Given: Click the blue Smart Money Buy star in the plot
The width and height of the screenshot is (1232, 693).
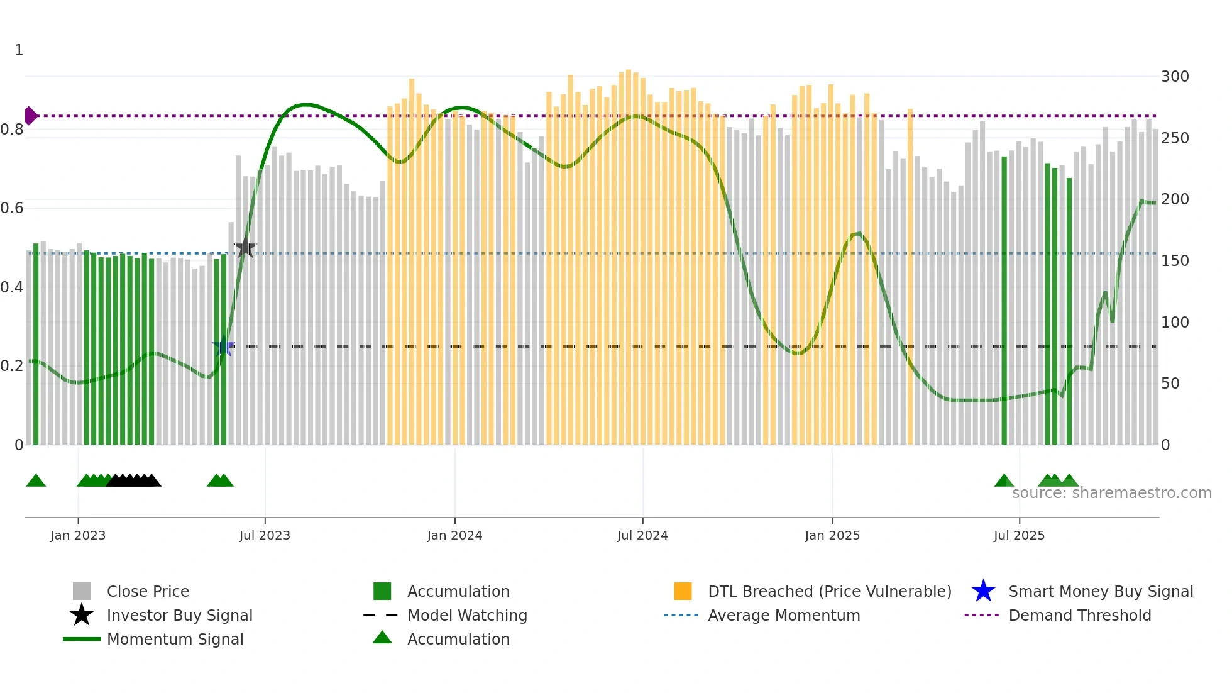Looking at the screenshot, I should click(x=224, y=346).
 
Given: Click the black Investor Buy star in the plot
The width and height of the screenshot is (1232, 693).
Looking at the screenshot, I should click(x=245, y=248).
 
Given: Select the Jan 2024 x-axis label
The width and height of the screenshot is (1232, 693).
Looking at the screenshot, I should click(x=454, y=535).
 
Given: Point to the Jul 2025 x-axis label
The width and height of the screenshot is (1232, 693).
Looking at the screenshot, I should click(x=1019, y=535).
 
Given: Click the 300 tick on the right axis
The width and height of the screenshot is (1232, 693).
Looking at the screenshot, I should click(x=1175, y=77).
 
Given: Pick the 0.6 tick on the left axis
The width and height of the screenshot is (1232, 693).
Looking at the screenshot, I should click(x=11, y=208).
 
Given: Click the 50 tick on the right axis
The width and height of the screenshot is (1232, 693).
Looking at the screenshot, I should click(x=1170, y=384).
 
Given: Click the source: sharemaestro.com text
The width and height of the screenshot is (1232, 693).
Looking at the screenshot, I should click(x=1111, y=493).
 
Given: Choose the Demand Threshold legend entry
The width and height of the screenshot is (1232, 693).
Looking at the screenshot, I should click(x=1079, y=615).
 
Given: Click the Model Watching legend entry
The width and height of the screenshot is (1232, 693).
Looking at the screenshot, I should click(x=466, y=615).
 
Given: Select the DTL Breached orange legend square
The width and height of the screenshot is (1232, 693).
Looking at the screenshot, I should click(x=683, y=591).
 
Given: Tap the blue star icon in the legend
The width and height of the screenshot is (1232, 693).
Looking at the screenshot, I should click(x=983, y=591).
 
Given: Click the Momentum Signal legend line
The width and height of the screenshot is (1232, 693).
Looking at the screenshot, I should click(x=82, y=639).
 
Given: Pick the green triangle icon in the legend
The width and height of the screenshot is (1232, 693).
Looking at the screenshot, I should click(x=382, y=638).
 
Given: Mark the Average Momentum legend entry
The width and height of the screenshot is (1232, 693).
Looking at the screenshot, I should click(x=783, y=615).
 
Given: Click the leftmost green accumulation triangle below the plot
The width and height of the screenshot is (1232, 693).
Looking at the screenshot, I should click(x=36, y=481).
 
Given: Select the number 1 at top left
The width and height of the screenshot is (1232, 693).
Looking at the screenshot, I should click(x=19, y=50).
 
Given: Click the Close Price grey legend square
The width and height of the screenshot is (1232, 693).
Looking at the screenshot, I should click(x=82, y=591).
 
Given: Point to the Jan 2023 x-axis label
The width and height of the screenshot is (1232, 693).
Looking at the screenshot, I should click(x=78, y=535).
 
